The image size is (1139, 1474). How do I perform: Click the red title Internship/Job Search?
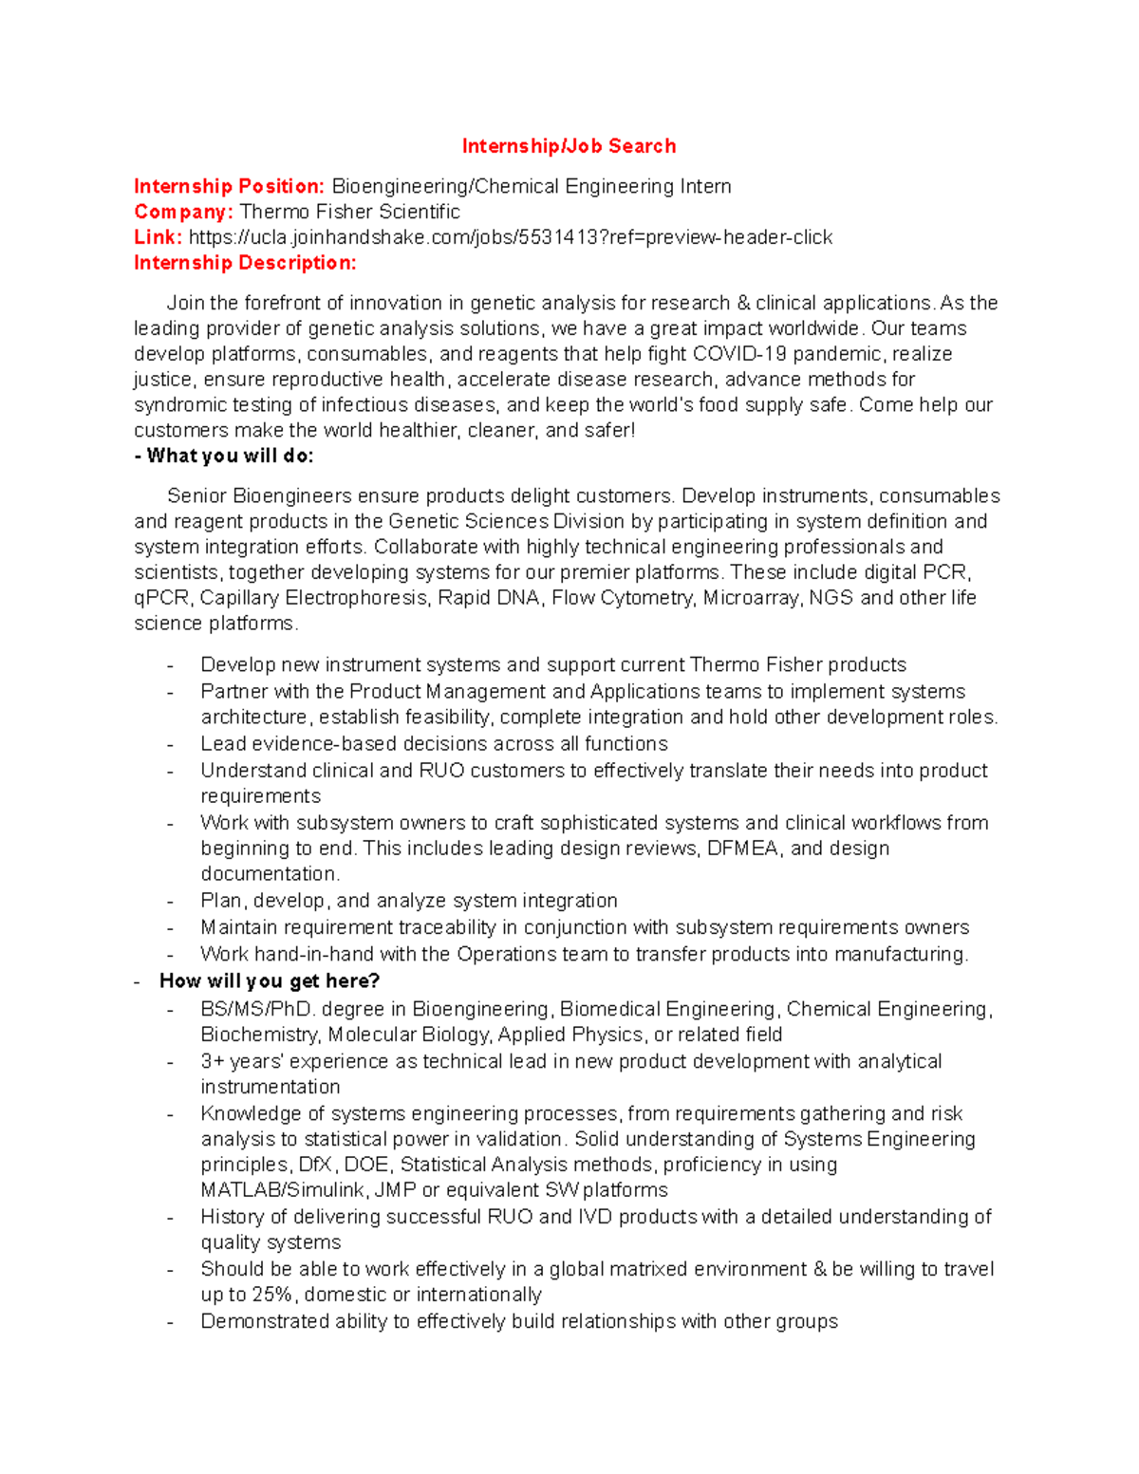click(x=569, y=146)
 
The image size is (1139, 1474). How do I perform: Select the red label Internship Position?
click(x=229, y=186)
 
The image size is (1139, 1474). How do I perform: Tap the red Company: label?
click(x=183, y=212)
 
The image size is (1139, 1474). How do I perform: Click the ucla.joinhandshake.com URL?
click(x=511, y=237)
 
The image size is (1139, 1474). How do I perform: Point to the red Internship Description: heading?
click(x=245, y=263)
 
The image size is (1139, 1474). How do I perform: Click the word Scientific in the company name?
click(x=419, y=212)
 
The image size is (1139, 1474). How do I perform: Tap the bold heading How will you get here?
click(x=270, y=980)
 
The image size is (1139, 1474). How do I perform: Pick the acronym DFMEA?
click(x=744, y=849)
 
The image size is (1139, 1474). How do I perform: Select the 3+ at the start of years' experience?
click(x=212, y=1061)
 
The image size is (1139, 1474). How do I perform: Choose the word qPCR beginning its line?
click(x=161, y=598)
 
